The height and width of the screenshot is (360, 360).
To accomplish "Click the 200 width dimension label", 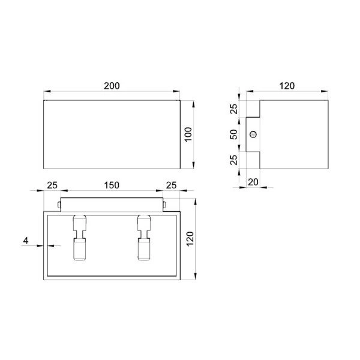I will [x=112, y=86].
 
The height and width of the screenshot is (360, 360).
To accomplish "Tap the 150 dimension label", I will [x=112, y=185].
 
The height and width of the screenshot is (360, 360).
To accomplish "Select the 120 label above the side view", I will [x=287, y=86].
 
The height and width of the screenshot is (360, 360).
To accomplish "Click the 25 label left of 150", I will [x=52, y=185].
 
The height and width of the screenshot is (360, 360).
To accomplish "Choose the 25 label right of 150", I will [x=170, y=185].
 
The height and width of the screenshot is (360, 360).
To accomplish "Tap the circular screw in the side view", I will [x=254, y=134].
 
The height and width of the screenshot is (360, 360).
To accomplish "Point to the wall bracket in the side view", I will [x=253, y=134].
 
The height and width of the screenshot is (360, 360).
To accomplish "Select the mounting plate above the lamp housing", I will [x=111, y=204].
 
